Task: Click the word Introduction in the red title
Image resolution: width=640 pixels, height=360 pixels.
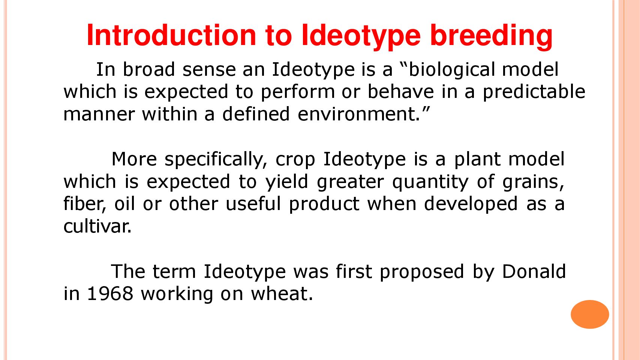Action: coord(171,35)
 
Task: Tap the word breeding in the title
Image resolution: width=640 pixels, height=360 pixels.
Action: coord(491,36)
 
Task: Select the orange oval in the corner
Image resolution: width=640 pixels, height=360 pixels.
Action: coord(590,314)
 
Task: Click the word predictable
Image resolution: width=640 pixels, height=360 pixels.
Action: coord(534,92)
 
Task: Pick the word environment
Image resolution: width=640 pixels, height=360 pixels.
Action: coord(358,114)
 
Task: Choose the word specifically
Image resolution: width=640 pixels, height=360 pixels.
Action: coord(216,159)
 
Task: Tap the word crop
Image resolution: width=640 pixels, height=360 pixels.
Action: coord(295,160)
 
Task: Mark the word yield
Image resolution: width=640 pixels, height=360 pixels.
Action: coord(286,182)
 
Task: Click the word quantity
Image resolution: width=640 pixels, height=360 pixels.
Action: coord(430,182)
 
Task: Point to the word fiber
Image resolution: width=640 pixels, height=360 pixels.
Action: coord(85,204)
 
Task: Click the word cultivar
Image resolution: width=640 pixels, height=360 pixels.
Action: coord(97,226)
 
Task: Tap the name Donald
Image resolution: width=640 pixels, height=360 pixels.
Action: coord(534,271)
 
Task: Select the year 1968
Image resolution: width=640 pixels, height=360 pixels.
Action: coord(110,293)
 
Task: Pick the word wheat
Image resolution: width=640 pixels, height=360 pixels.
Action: coord(282,293)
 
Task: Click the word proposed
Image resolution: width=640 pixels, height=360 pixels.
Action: coord(422,272)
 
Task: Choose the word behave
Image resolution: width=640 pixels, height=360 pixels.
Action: coord(400,91)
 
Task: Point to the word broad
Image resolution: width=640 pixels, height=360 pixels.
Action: coord(148,69)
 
